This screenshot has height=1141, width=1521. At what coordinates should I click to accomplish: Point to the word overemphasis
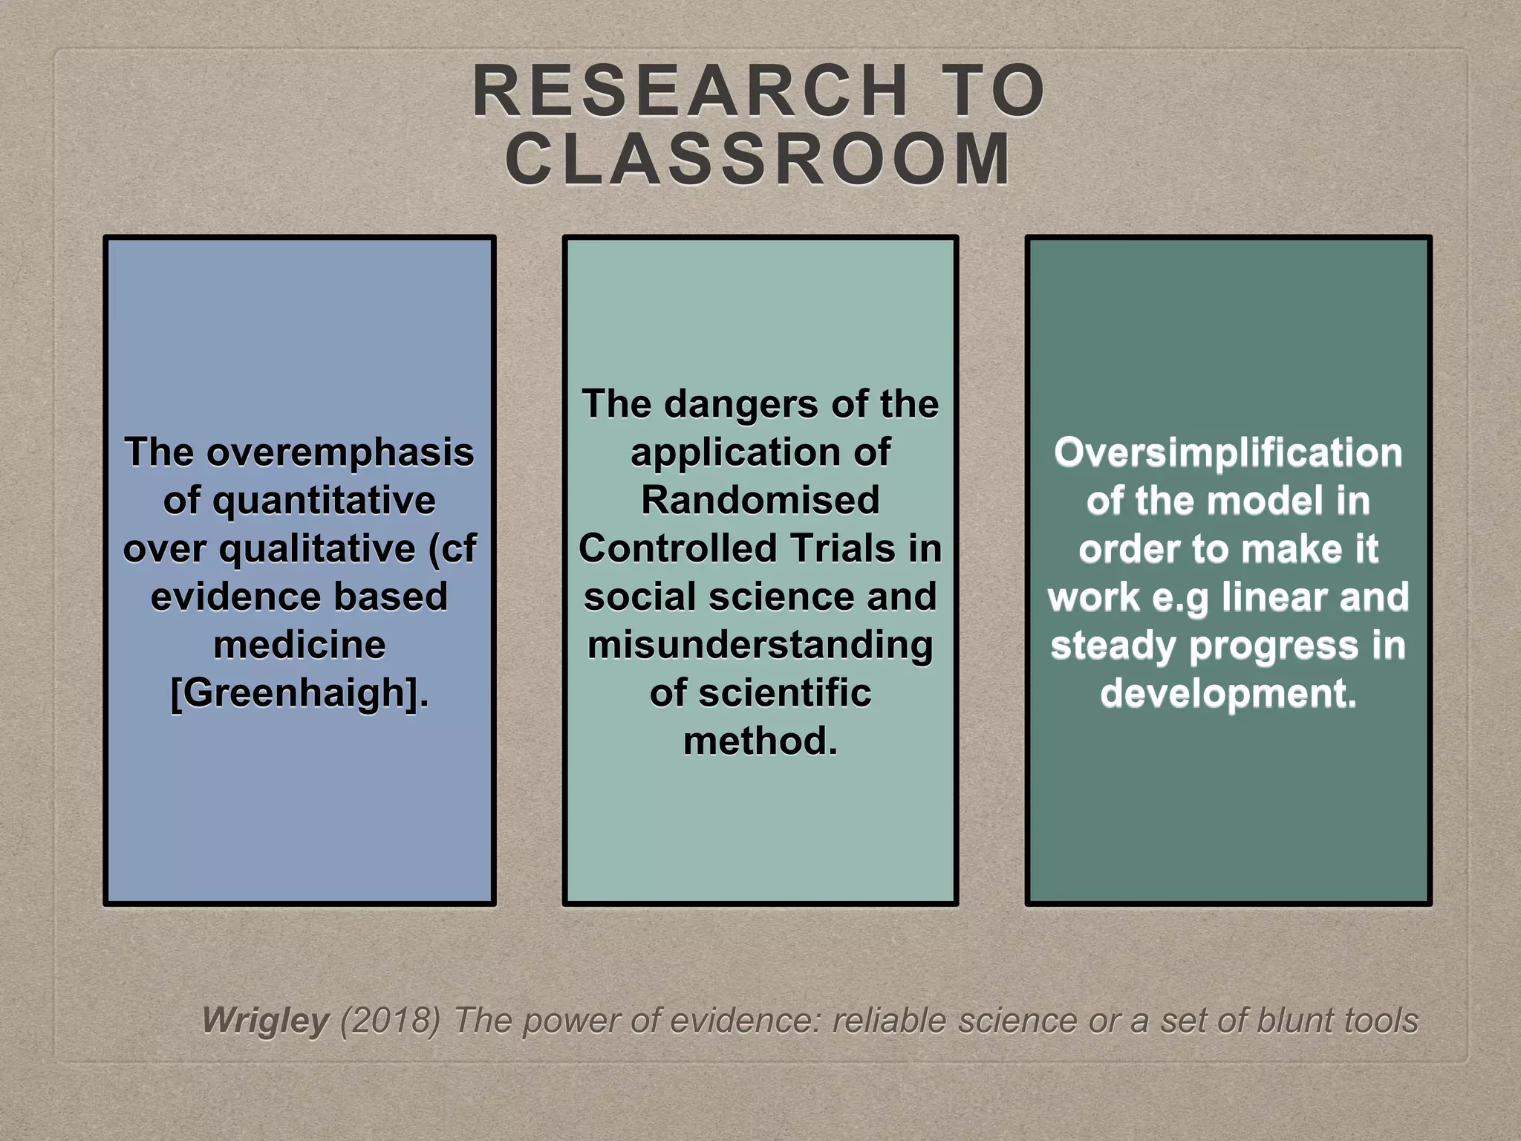point(340,452)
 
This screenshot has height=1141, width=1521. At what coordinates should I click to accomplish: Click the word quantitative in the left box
point(324,501)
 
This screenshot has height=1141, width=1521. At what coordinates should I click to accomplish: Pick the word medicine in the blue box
point(299,645)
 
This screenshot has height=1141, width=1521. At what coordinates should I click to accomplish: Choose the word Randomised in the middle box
point(760,500)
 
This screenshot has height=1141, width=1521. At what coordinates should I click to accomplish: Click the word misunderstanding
point(760,645)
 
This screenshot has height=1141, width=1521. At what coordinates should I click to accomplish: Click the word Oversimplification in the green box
point(1228,452)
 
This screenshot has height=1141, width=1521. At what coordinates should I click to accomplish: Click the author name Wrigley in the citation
point(265,1021)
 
